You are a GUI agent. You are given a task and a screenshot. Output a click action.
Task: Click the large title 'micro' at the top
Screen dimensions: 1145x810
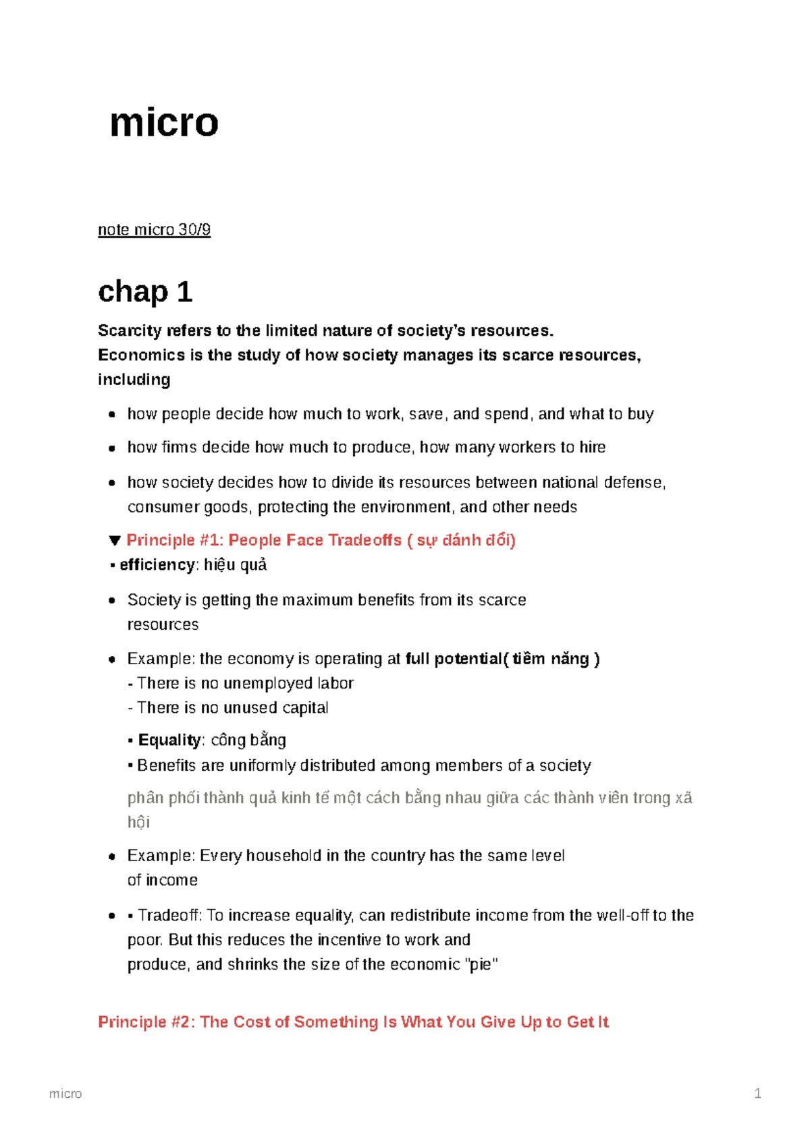pyautogui.click(x=164, y=123)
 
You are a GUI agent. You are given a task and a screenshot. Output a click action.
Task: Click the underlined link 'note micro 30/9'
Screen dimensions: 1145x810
pyautogui.click(x=154, y=230)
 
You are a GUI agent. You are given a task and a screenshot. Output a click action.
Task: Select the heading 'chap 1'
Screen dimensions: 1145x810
pyautogui.click(x=145, y=292)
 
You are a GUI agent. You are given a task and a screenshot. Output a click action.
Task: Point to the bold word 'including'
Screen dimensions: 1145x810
pyautogui.click(x=134, y=380)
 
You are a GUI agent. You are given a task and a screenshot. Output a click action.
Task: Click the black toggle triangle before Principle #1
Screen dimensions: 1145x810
pyautogui.click(x=114, y=541)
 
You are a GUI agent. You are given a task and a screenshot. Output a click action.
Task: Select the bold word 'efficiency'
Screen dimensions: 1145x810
pyautogui.click(x=157, y=565)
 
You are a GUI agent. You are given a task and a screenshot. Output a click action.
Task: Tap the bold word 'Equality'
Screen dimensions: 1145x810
pyautogui.click(x=169, y=740)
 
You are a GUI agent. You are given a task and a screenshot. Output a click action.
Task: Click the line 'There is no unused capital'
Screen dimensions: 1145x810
pyautogui.click(x=232, y=708)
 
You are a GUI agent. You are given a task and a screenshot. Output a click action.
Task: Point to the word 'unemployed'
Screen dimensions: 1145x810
pyautogui.click(x=267, y=684)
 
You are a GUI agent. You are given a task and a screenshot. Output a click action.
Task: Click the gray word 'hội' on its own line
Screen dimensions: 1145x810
pyautogui.click(x=138, y=823)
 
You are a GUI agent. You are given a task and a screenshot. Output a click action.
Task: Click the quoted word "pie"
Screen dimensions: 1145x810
pyautogui.click(x=483, y=964)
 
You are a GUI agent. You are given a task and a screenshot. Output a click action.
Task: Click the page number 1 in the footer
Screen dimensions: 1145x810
pyautogui.click(x=757, y=1094)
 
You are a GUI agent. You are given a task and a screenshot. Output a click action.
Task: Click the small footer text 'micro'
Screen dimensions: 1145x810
pyautogui.click(x=65, y=1094)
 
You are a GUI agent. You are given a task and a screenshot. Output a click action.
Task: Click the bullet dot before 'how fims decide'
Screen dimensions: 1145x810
pyautogui.click(x=112, y=448)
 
